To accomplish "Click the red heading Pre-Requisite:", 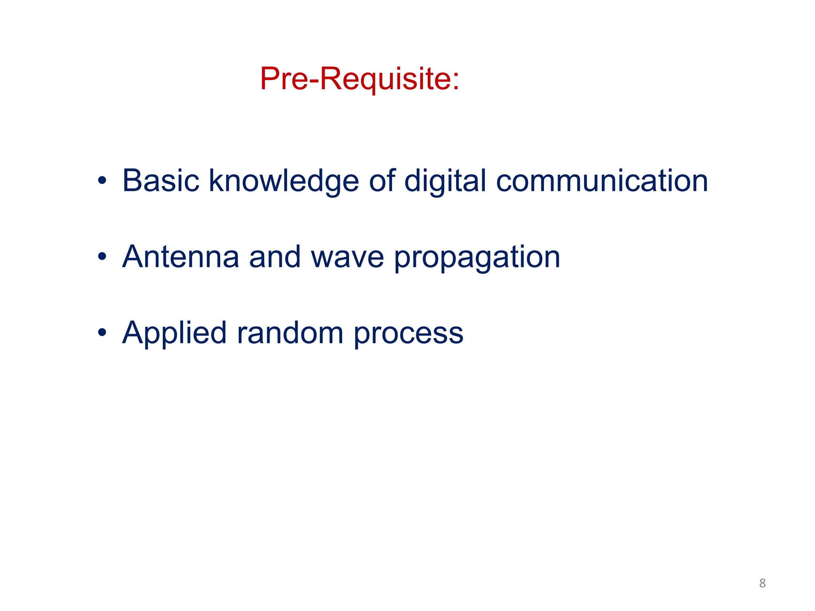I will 359,79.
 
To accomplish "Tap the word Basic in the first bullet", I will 161,181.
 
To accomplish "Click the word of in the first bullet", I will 382,181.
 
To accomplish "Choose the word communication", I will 602,181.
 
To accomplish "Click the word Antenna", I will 181,257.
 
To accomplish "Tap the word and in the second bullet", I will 274,257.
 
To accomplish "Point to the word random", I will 290,333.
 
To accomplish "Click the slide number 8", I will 762,583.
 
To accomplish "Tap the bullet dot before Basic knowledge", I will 102,181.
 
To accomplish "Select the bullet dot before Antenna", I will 102,257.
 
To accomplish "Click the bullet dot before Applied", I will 102,333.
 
